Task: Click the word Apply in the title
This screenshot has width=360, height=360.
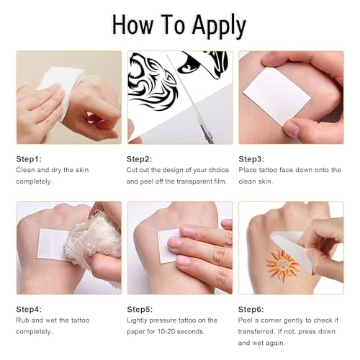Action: coord(219,26)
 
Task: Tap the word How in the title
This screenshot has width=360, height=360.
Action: coord(132,24)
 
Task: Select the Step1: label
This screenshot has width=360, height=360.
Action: coord(29,159)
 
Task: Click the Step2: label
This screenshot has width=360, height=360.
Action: coord(140,159)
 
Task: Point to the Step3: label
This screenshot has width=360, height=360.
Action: coord(251,159)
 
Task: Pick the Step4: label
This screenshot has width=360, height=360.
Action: coord(29,309)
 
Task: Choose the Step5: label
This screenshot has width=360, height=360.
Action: coord(140,309)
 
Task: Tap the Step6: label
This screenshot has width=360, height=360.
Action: coord(251,309)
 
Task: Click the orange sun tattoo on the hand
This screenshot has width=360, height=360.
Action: coord(282,265)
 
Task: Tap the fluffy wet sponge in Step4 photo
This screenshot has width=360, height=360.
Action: coord(94,239)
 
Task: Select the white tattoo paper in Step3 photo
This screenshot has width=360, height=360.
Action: coord(276,96)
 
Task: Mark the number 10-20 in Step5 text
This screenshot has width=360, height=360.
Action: coord(165,332)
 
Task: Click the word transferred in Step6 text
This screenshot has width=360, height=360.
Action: coord(256,331)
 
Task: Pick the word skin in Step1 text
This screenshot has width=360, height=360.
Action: coord(82,170)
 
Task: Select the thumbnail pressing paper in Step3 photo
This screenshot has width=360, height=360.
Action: coord(292,128)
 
